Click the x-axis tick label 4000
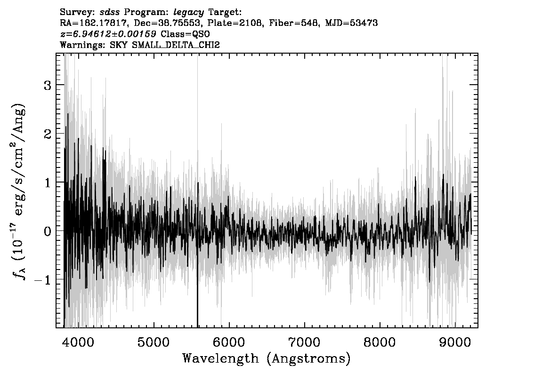(x=78, y=342)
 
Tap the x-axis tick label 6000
(x=229, y=342)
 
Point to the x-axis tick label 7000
(x=304, y=342)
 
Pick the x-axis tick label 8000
(x=380, y=342)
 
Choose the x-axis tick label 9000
(x=454, y=342)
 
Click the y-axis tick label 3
(x=48, y=85)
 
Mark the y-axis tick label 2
(x=48, y=134)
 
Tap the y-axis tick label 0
(x=48, y=231)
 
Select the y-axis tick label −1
(x=42, y=279)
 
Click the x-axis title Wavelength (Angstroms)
(x=267, y=358)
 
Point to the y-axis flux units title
(x=19, y=191)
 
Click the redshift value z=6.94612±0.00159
(x=108, y=34)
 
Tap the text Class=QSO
(x=185, y=34)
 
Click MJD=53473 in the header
(x=351, y=23)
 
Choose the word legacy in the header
(x=189, y=13)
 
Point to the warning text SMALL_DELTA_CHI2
(x=176, y=45)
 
